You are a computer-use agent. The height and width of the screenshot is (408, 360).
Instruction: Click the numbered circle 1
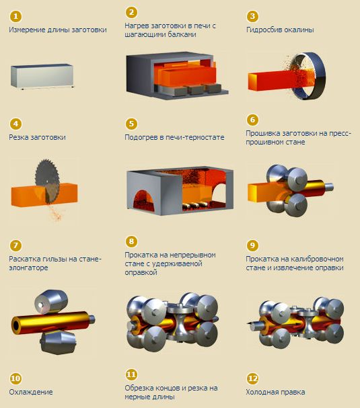pos(15,16)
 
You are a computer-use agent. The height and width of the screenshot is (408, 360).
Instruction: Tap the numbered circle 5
pos(131,124)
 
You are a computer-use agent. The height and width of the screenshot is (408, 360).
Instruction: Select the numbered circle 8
pos(131,241)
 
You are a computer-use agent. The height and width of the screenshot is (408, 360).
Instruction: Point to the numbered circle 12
pos(252,378)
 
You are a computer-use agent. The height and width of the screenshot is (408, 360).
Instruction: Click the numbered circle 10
pos(15,378)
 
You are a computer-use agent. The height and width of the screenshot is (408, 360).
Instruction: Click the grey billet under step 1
pos(42,77)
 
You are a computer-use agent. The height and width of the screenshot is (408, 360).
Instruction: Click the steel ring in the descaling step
pos(310,76)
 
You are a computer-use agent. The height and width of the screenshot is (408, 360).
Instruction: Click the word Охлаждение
pos(31,392)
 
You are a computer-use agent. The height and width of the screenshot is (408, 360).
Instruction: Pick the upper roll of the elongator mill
pos(51,302)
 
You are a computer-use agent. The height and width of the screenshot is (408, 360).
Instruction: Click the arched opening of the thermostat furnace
pos(143,202)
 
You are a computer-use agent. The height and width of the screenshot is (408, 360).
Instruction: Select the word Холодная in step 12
pos(262,392)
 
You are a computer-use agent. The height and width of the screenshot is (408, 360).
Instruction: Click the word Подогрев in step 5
pos(141,137)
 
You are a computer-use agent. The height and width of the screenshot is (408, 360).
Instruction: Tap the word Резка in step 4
pos(18,137)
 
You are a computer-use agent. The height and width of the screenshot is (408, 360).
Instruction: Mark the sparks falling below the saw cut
pos(55,213)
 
